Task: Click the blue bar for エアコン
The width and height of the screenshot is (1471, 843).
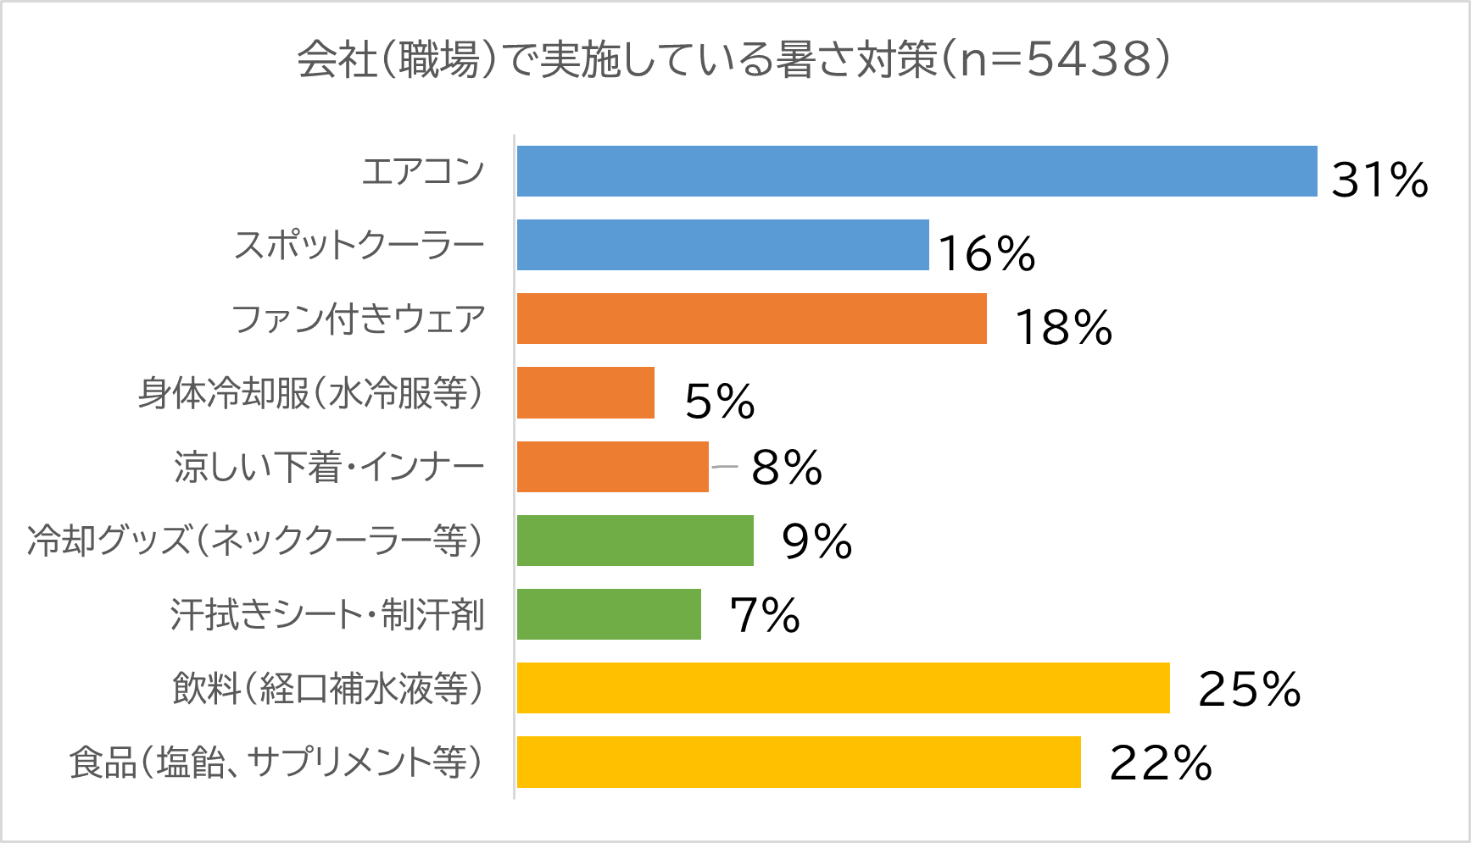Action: pyautogui.click(x=917, y=171)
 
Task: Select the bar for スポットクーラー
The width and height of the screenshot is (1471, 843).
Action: pyautogui.click(x=722, y=245)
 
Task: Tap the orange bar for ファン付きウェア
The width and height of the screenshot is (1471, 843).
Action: pyautogui.click(x=751, y=319)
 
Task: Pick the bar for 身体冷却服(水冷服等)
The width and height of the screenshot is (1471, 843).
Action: pyautogui.click(x=585, y=392)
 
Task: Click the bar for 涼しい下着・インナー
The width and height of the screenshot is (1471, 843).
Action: pyautogui.click(x=612, y=466)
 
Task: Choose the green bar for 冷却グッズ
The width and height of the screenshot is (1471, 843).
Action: pyautogui.click(x=635, y=540)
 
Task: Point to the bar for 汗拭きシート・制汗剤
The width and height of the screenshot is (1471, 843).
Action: pyautogui.click(x=609, y=613)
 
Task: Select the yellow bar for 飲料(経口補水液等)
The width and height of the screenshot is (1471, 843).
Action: pyautogui.click(x=843, y=687)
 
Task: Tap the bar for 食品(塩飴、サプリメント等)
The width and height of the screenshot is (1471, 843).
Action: pyautogui.click(x=799, y=761)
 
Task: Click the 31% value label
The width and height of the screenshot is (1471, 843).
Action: pyautogui.click(x=1379, y=180)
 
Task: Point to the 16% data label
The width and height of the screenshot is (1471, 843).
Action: pyautogui.click(x=987, y=253)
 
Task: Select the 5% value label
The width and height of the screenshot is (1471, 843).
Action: pyautogui.click(x=719, y=401)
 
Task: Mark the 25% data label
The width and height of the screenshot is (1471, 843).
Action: pyautogui.click(x=1249, y=689)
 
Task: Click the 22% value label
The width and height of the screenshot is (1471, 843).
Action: pyautogui.click(x=1160, y=763)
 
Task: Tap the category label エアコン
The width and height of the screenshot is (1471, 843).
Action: pyautogui.click(x=422, y=171)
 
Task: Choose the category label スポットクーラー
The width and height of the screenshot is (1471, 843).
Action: pyautogui.click(x=359, y=245)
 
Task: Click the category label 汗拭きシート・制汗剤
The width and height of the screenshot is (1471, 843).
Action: pyautogui.click(x=327, y=614)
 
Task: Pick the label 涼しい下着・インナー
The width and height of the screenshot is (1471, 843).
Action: pyautogui.click(x=329, y=467)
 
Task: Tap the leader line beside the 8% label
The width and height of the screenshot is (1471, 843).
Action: pyautogui.click(x=725, y=466)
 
